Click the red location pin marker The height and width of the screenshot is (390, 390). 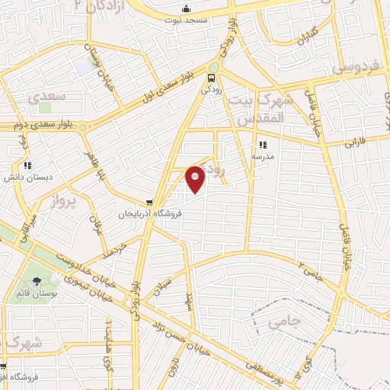pyautogui.click(x=196, y=179)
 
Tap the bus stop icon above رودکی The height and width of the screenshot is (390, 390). pyautogui.click(x=212, y=77)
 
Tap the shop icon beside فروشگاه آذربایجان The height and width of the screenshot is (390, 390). pyautogui.click(x=150, y=203)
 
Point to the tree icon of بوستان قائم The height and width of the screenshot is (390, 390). pyautogui.click(x=37, y=280)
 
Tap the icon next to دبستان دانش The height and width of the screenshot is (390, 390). pyautogui.click(x=27, y=165)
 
